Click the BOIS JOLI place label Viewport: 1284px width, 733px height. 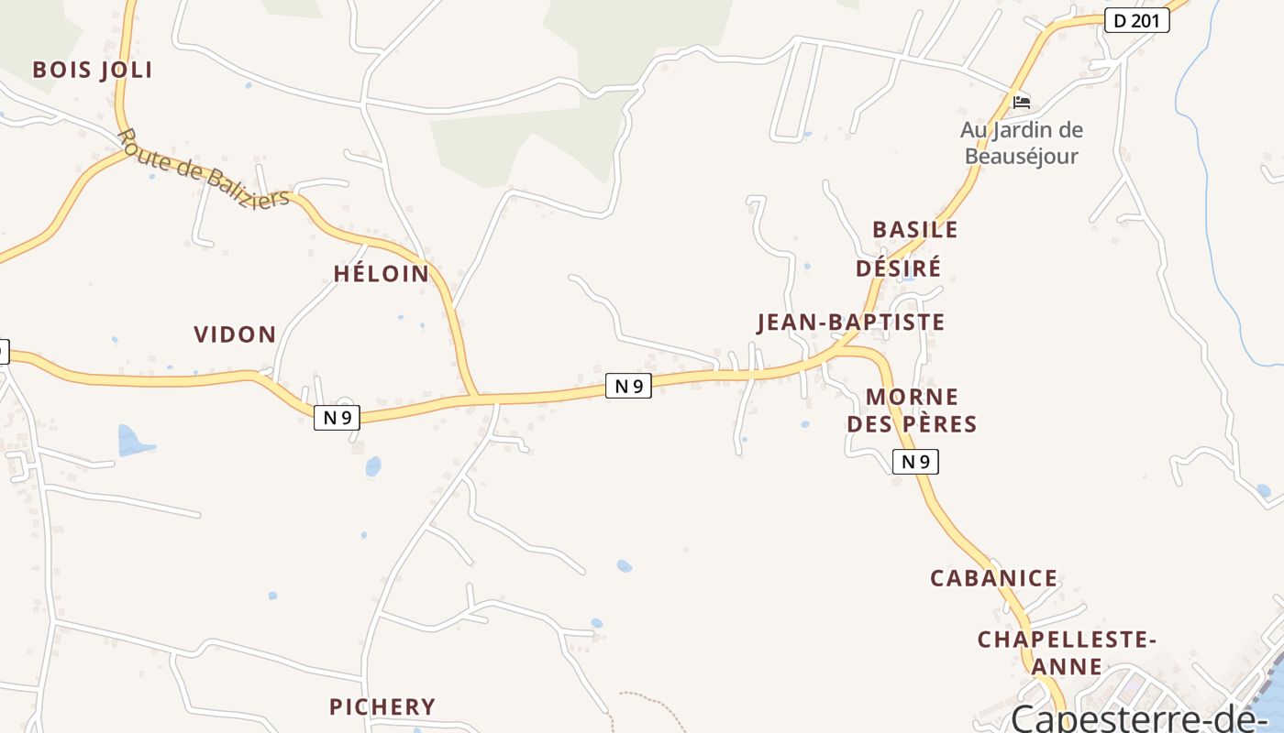coord(92,70)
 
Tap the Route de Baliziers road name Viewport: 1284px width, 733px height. coord(204,170)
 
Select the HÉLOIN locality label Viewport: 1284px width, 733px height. coord(382,273)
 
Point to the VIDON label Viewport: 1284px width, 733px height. coord(235,334)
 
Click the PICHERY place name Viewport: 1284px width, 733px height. coord(382,706)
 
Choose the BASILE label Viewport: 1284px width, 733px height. coord(914,229)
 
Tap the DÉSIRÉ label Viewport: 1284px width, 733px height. coord(898,268)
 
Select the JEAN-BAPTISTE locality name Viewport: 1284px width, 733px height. coord(850,323)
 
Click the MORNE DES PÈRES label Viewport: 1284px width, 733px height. coord(912,410)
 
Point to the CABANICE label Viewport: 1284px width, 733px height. coord(994,578)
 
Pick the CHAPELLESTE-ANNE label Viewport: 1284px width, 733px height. coord(1067,652)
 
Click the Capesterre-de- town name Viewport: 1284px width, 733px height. coord(1137,717)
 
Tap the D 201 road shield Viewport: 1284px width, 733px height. coord(1137,20)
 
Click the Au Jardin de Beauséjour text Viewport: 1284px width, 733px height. coord(1022,143)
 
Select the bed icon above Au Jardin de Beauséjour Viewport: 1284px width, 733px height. coord(1022,101)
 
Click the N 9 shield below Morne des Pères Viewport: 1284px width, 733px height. coord(915,462)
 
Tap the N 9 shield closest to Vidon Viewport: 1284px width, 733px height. coord(338,418)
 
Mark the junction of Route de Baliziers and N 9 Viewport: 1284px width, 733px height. coord(475,398)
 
